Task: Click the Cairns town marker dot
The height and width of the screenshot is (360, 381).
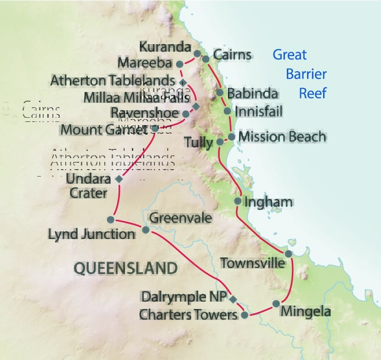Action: [205, 59]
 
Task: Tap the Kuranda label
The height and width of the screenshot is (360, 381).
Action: [165, 47]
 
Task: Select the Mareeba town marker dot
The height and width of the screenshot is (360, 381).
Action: [180, 64]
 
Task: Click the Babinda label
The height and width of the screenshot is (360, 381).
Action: [253, 93]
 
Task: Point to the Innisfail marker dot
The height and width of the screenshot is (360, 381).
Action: [227, 111]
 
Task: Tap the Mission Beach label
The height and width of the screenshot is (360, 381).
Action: [282, 137]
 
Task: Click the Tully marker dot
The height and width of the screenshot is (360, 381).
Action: [220, 142]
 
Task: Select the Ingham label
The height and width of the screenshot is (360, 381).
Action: [269, 202]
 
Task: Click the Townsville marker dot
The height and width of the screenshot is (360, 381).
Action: [288, 254]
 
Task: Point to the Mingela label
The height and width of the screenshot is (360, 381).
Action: [306, 311]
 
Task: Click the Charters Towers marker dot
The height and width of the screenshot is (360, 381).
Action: [245, 315]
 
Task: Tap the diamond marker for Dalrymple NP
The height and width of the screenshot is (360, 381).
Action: [233, 300]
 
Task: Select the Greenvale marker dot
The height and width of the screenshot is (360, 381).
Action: [146, 230]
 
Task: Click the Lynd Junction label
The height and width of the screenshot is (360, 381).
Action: [91, 234]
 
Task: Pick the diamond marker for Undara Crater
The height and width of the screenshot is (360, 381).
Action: [119, 179]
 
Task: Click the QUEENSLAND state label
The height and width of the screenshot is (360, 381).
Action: [125, 268]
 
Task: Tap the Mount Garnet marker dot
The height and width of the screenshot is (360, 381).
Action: [155, 129]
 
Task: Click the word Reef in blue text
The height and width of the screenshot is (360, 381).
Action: [313, 93]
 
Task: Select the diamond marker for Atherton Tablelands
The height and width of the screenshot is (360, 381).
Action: [182, 82]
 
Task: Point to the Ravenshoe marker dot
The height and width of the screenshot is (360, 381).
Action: [186, 114]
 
